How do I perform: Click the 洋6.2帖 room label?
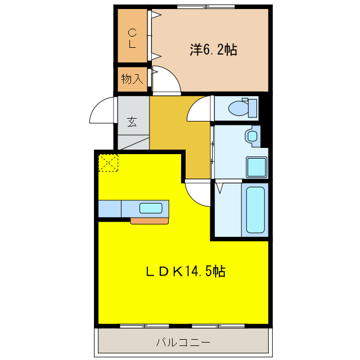213,50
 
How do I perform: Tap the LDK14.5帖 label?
186,272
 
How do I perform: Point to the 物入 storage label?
132,79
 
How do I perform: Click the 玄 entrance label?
132,121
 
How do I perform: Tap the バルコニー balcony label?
183,341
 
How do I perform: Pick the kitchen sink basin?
151,208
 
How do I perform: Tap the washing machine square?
256,167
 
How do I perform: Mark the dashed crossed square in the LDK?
109,163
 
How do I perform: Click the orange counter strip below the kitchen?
149,220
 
